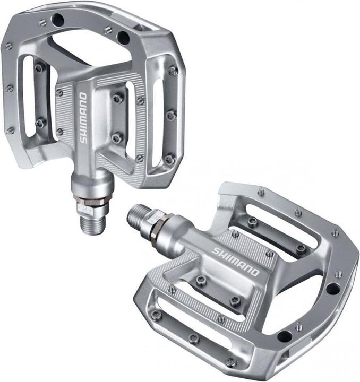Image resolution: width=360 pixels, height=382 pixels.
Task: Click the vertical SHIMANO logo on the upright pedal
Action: click(x=83, y=118)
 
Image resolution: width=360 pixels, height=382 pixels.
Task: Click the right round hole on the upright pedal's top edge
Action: click(x=123, y=37)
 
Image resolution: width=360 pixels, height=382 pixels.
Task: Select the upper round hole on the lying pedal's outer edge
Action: click(x=333, y=289)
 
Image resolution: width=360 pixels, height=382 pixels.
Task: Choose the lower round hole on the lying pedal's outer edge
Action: click(x=285, y=336)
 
